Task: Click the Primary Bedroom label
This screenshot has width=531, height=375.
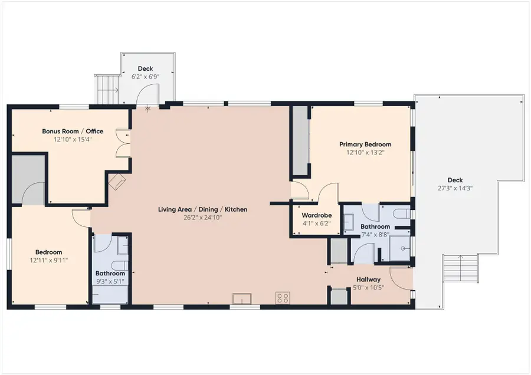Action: point(365,144)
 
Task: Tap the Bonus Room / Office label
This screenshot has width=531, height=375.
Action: point(73,131)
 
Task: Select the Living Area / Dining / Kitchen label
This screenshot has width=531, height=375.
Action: point(202,209)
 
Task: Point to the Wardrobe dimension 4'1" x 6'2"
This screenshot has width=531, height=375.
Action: point(316,223)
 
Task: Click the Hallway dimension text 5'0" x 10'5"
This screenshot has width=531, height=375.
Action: point(368,288)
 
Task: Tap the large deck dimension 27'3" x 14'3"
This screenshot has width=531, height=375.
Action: point(455,188)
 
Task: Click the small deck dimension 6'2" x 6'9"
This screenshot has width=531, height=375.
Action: point(145,77)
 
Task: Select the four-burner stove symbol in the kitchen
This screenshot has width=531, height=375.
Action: point(283,298)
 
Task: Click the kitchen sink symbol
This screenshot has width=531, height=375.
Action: point(242,298)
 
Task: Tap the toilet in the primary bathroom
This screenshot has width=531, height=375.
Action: point(402,214)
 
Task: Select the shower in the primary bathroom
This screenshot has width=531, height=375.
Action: point(399,248)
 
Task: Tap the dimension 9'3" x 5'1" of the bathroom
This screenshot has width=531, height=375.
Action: point(110,281)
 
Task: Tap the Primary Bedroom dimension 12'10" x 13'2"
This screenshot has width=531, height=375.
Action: point(365,153)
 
